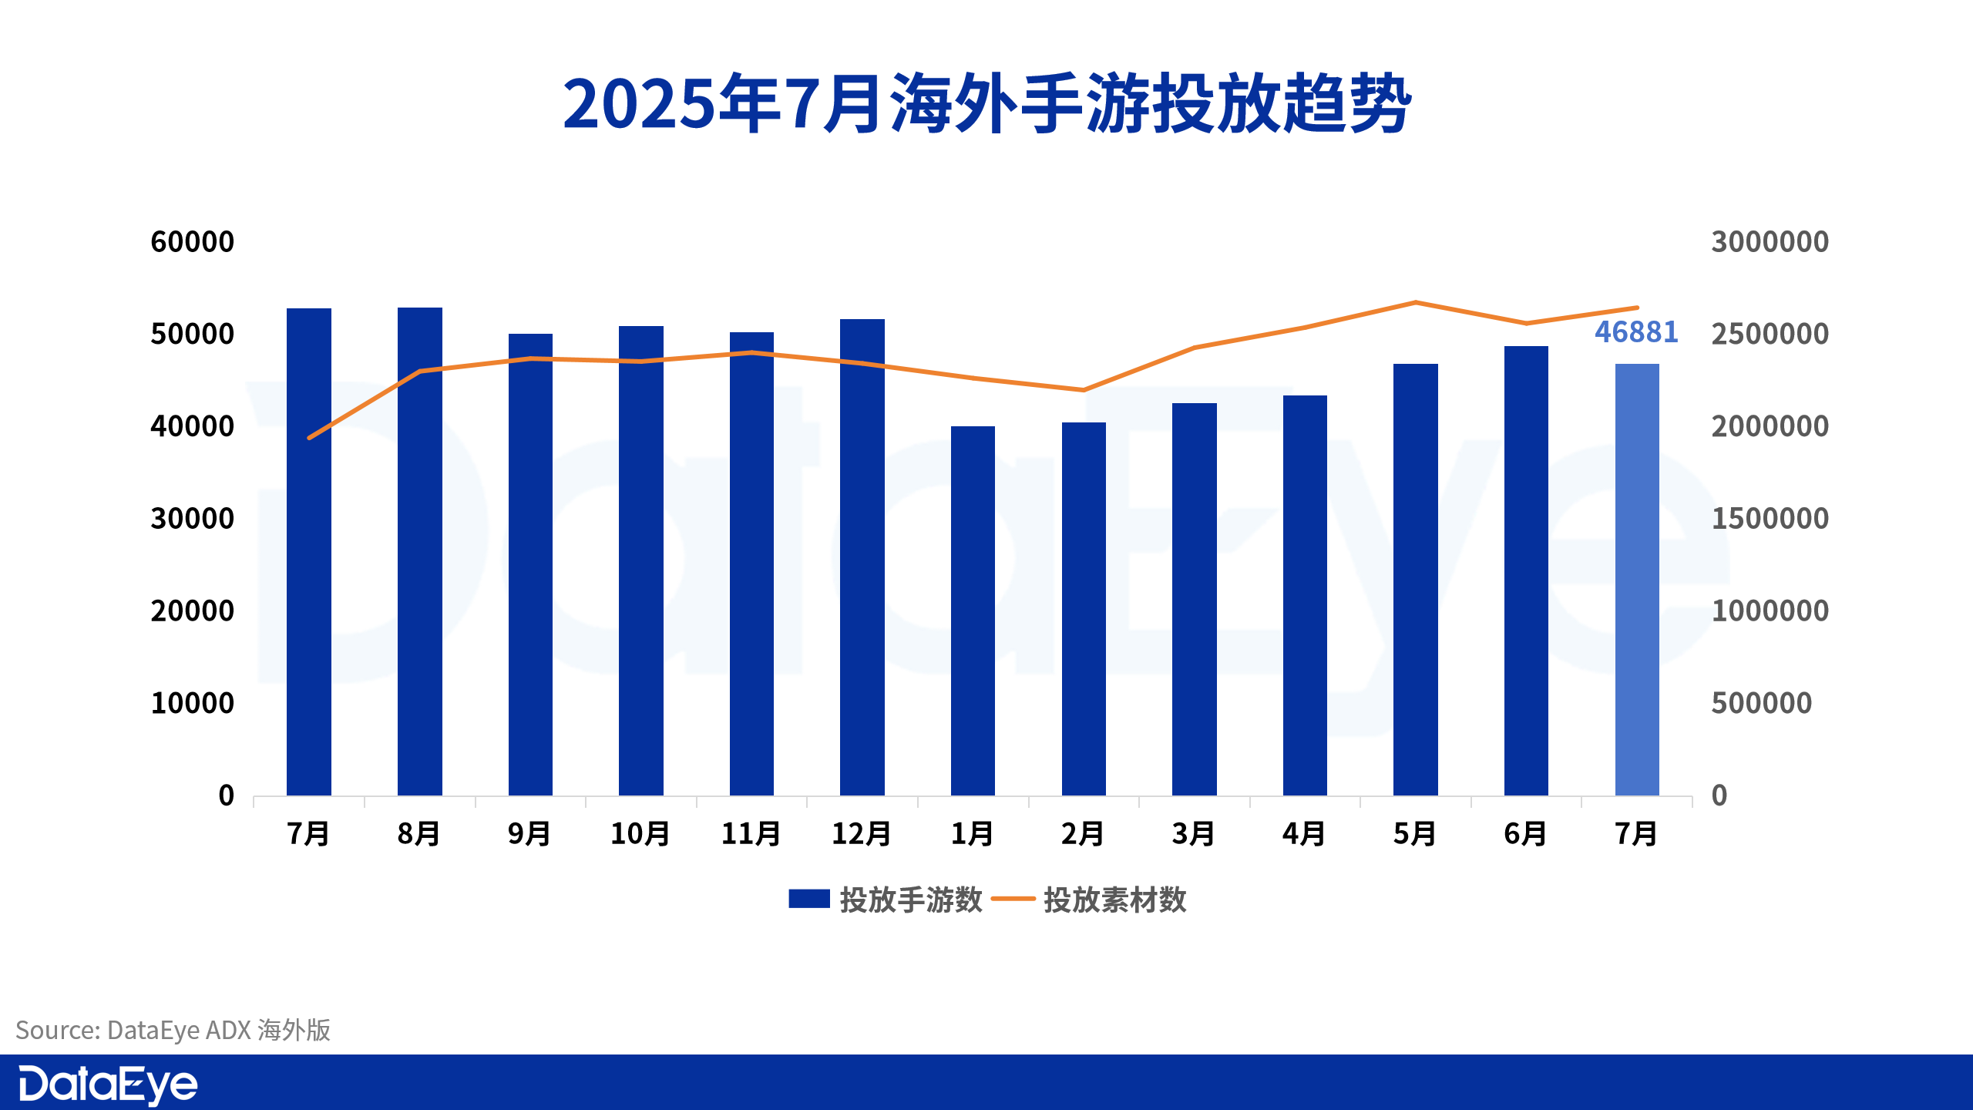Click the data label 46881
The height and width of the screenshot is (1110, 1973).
pos(1636,332)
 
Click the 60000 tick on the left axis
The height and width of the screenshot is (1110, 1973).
pos(193,242)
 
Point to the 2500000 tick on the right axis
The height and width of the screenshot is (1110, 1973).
pos(1770,334)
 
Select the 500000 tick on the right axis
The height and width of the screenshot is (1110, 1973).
pos(1761,703)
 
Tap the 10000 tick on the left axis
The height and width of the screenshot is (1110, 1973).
pos(193,703)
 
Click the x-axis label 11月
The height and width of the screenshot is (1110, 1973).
pos(751,834)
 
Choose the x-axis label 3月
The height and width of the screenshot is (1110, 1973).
pos(1194,834)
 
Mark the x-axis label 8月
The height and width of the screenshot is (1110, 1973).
pos(419,834)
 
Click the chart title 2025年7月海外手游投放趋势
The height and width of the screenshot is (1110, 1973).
pos(986,104)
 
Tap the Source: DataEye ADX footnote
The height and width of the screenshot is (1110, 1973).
pos(173,1030)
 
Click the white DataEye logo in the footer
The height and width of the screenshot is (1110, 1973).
pos(108,1085)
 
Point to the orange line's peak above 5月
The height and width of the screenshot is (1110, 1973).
pos(1416,302)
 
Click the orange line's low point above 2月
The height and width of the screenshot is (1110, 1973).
pos(1084,390)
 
